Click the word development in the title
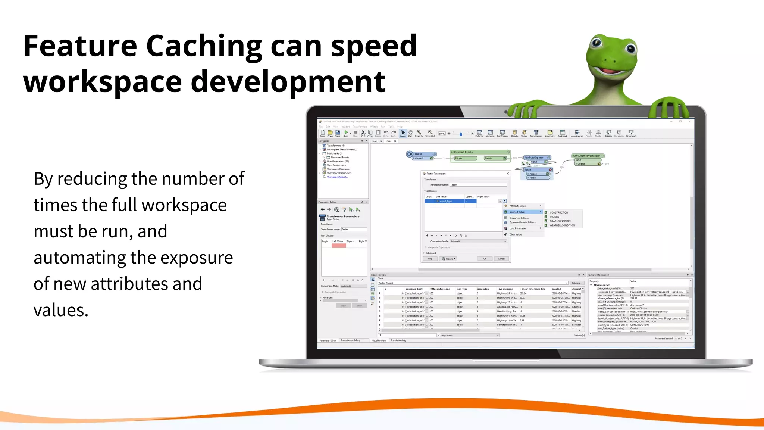[288, 82]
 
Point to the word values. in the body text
[61, 310]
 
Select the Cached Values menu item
[517, 212]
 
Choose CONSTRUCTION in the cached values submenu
[558, 212]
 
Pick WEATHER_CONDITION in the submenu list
[562, 225]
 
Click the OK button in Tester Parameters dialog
[485, 259]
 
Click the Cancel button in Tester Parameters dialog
[501, 259]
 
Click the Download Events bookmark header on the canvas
[463, 152]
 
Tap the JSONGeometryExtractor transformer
[586, 156]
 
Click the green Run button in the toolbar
[346, 133]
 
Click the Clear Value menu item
[516, 234]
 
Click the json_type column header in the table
[462, 289]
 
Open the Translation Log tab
[398, 340]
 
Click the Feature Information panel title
[598, 275]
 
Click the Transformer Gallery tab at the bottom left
[350, 340]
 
